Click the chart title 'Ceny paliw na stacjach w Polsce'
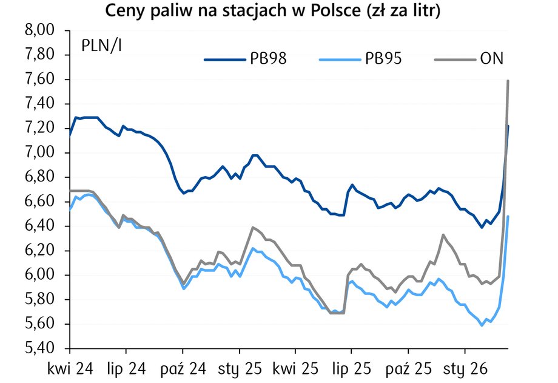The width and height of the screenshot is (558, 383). (272, 11)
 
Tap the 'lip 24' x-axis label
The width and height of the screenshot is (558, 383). (126, 368)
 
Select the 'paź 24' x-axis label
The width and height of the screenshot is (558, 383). (182, 368)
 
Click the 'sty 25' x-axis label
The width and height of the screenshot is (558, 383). (239, 368)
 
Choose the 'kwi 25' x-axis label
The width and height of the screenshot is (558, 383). (295, 368)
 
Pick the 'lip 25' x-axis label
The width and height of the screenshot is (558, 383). (351, 368)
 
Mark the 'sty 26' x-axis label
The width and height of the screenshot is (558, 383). (465, 368)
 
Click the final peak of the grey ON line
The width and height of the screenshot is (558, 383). (508, 81)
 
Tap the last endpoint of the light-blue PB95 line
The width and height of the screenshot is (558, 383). (508, 217)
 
